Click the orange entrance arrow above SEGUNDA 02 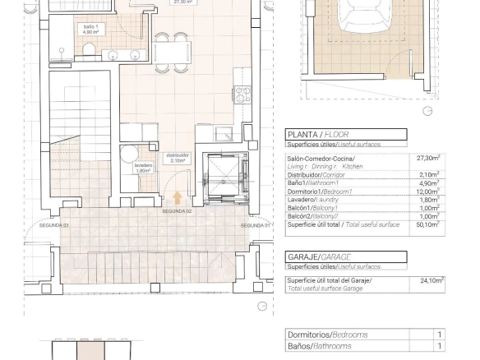[x=178, y=198]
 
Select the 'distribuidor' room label [x=178, y=157]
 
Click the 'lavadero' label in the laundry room [x=143, y=168]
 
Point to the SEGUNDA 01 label [x=256, y=224]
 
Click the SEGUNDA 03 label [x=54, y=224]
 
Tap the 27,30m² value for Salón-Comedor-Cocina [x=427, y=158]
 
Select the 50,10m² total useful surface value [x=427, y=224]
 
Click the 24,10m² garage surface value [x=431, y=280]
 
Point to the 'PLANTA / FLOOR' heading [x=318, y=134]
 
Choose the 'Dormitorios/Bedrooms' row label [x=327, y=335]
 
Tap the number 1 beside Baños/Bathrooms [x=439, y=346]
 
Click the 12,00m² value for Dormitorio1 [x=427, y=191]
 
